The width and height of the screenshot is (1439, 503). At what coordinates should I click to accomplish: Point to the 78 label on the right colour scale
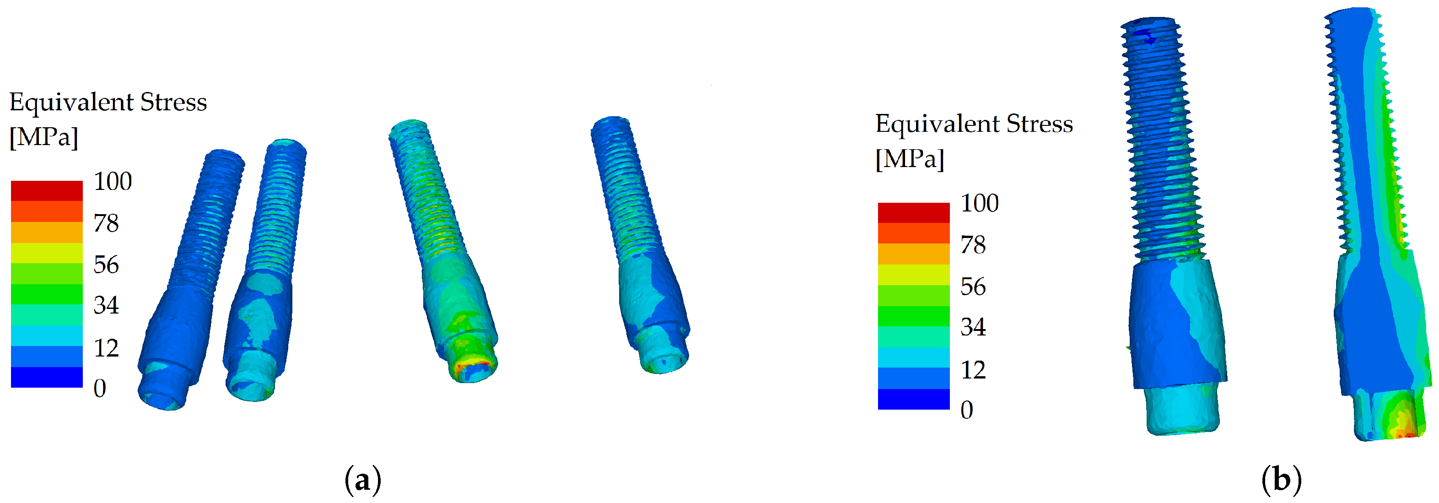click(x=973, y=245)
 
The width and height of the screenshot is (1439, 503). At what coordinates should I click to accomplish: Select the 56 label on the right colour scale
click(x=973, y=287)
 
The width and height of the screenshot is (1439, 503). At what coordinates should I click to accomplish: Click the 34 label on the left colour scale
click(x=106, y=305)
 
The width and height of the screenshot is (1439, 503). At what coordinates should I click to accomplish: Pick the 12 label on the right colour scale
click(x=973, y=370)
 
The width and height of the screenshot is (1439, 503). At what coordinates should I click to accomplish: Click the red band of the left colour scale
click(x=47, y=190)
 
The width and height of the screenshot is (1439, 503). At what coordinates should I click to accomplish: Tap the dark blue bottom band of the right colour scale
click(x=914, y=399)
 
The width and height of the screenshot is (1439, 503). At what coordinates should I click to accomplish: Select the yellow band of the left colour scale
click(x=47, y=253)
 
